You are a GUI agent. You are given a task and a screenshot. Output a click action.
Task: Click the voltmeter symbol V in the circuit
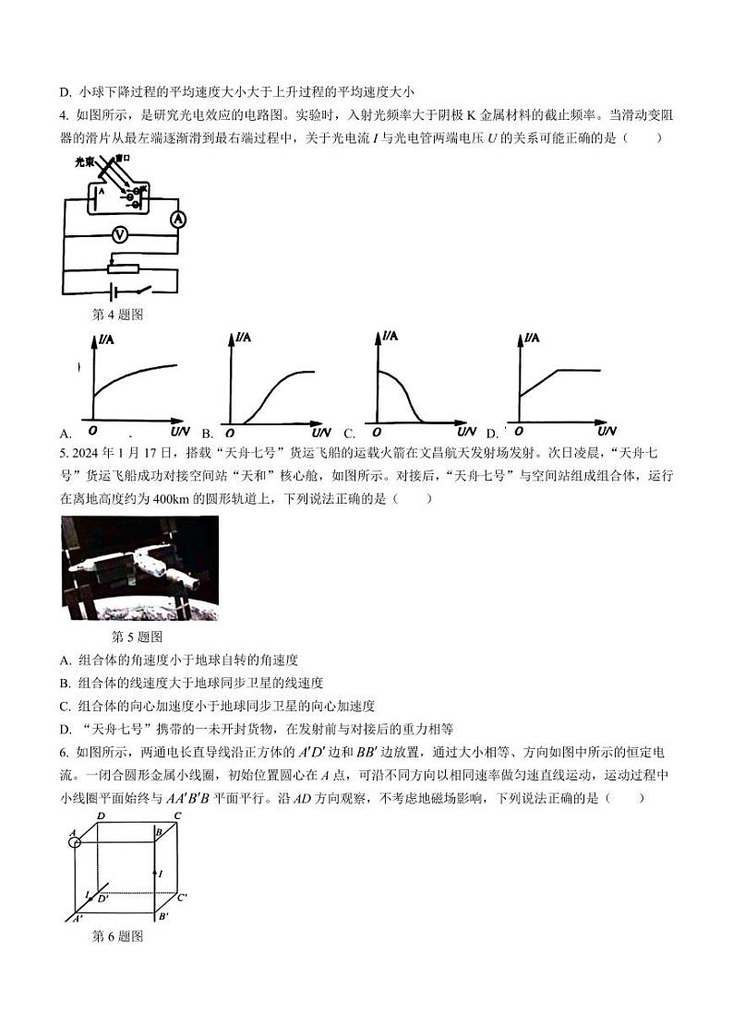[119, 235]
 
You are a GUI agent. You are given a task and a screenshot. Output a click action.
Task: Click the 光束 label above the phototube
[87, 161]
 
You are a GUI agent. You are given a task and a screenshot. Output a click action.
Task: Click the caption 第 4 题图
[118, 315]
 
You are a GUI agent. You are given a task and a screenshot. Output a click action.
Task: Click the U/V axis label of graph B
[320, 433]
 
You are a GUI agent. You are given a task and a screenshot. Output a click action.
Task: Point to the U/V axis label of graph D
[606, 432]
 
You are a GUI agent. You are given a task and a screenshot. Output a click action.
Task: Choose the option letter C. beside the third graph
[350, 434]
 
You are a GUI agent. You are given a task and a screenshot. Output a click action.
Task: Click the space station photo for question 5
[139, 567]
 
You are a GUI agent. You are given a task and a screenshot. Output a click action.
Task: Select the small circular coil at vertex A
[76, 841]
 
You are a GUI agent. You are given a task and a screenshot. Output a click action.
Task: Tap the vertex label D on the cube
[100, 815]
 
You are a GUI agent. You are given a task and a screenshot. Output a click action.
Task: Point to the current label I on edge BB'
[160, 873]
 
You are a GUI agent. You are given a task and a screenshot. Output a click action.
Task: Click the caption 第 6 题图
[118, 936]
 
